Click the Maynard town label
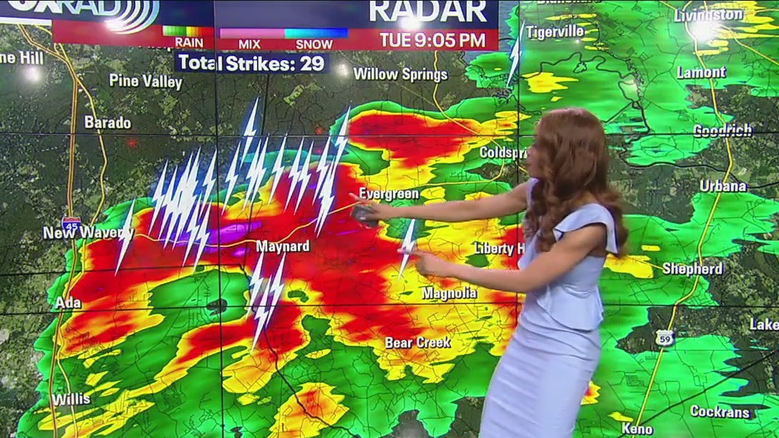284,247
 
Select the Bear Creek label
417,343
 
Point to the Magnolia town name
449,293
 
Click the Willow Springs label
400,74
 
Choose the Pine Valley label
145,81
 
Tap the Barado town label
107,122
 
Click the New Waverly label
87,233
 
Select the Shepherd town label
692,269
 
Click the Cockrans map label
720,412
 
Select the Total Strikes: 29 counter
251,63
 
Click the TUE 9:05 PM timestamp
432,40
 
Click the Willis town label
71,399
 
